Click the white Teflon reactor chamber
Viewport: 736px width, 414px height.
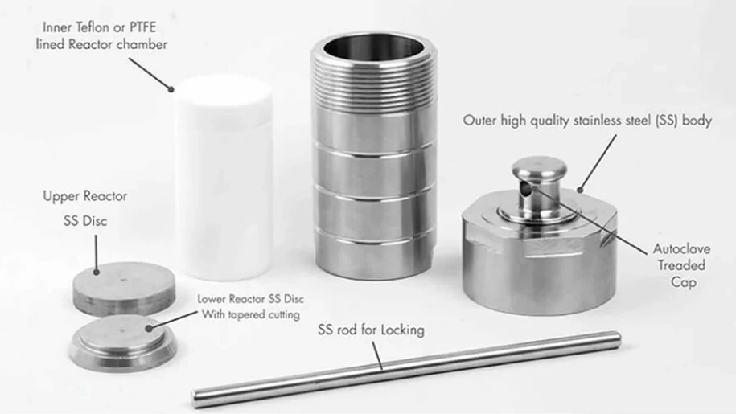click(224, 178)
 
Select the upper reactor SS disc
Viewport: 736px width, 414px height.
click(124, 288)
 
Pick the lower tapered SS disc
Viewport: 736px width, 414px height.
click(123, 341)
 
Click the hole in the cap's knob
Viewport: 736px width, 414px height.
click(526, 189)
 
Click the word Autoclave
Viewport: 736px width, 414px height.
click(681, 248)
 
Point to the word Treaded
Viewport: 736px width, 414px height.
click(681, 265)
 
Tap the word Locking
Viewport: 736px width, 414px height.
click(402, 330)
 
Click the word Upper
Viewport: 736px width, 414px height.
click(60, 196)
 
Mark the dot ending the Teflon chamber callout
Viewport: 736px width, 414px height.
click(171, 89)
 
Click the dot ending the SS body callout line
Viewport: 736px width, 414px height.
click(580, 190)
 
